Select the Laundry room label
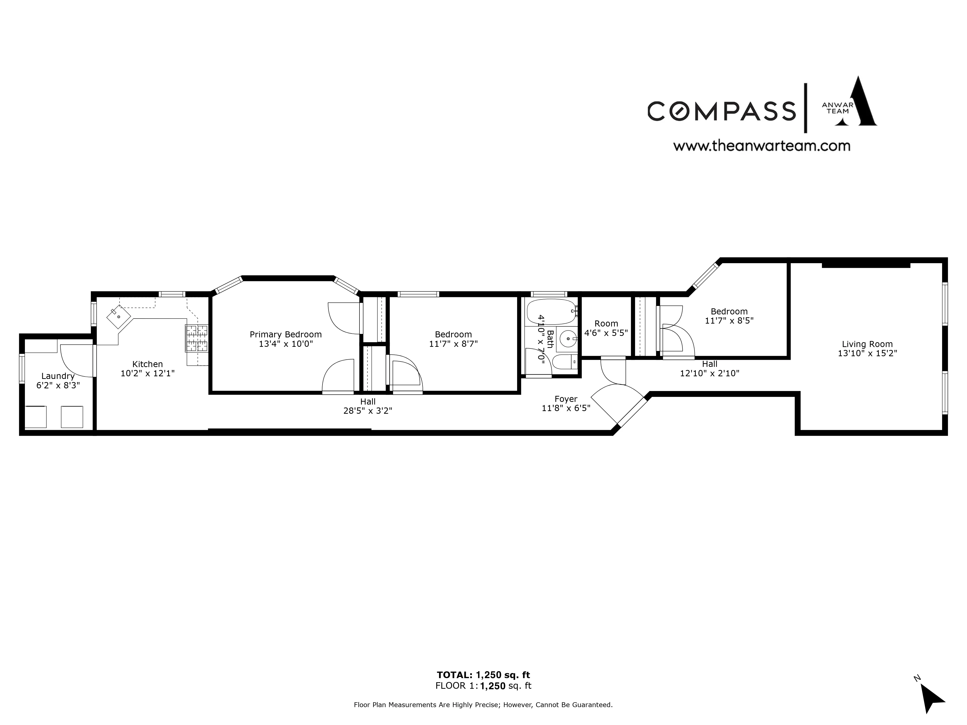point(58,376)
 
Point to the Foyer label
point(566,399)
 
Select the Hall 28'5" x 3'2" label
point(368,406)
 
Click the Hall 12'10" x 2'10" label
point(710,368)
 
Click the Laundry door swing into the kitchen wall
point(76,361)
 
